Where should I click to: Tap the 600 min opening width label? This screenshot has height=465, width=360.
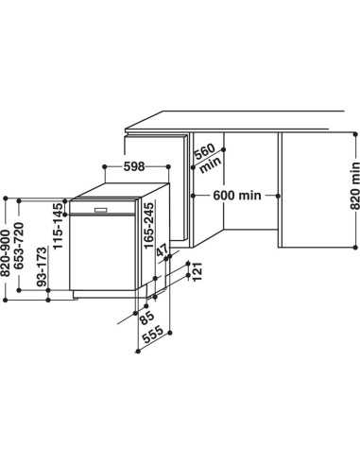coord(237,195)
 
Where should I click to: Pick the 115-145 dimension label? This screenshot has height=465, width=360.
coord(59,226)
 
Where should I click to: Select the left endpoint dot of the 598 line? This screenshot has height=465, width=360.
coord(101,166)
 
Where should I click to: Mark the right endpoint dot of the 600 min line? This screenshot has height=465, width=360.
coord(277,195)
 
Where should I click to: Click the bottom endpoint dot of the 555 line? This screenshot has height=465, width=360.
coord(136,353)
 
